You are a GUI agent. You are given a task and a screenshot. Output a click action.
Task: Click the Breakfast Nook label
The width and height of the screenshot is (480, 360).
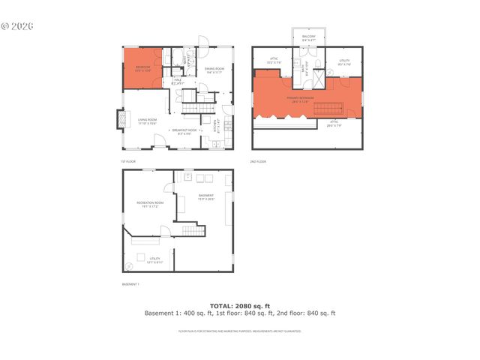point(184,132)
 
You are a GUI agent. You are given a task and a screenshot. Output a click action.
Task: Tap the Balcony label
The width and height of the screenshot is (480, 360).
point(309,38)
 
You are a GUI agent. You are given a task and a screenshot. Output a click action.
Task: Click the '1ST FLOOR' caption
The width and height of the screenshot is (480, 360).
point(128,161)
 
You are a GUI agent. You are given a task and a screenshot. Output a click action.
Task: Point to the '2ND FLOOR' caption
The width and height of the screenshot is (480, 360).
point(258,161)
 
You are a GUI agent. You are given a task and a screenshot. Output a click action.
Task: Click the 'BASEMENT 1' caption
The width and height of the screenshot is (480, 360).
point(130,284)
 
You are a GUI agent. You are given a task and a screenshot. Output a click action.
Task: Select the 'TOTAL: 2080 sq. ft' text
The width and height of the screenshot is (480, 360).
point(239,306)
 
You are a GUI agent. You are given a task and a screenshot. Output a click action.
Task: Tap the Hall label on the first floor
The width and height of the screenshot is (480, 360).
point(178,80)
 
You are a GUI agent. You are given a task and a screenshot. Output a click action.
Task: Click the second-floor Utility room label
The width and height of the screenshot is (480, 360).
point(344,64)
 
